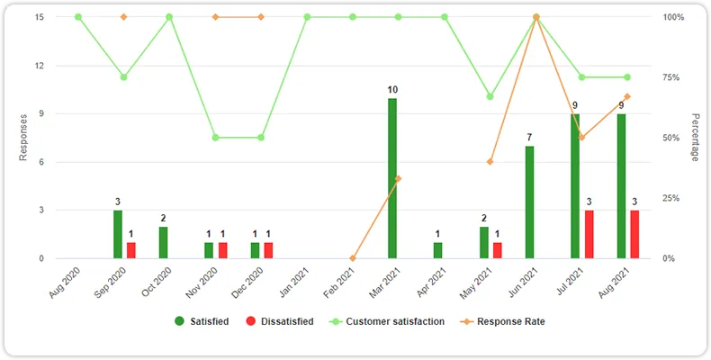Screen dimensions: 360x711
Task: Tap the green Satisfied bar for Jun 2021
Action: click(530, 202)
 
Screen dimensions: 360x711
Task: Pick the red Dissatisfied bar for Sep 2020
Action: click(130, 250)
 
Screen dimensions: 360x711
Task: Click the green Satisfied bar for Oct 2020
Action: click(163, 242)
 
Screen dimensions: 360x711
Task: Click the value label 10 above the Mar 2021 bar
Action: click(392, 90)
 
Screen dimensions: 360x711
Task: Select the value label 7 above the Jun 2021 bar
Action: click(530, 138)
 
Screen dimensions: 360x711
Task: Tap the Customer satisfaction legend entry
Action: click(387, 320)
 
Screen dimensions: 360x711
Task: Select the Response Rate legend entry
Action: click(503, 320)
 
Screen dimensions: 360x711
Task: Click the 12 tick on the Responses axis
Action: click(40, 66)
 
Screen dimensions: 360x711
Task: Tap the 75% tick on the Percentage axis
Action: click(674, 77)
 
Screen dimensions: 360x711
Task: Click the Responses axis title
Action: click(23, 138)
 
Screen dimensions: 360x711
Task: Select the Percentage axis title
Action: click(695, 138)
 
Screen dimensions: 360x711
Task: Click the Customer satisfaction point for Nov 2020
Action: click(215, 138)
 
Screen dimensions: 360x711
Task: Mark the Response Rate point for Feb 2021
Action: click(353, 258)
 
